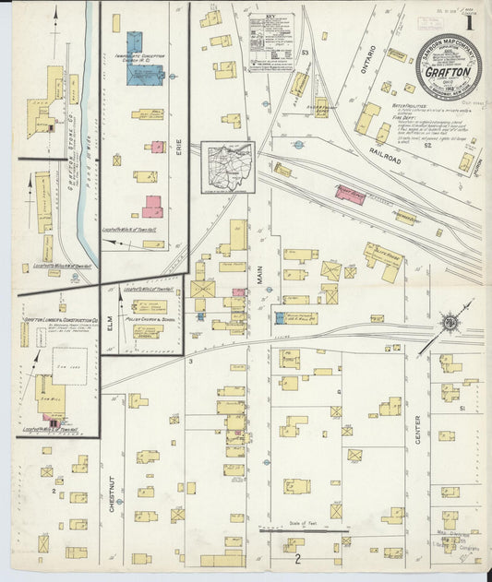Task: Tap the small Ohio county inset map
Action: (226, 168)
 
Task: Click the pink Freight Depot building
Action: (350, 194)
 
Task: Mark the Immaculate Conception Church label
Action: (146, 58)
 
